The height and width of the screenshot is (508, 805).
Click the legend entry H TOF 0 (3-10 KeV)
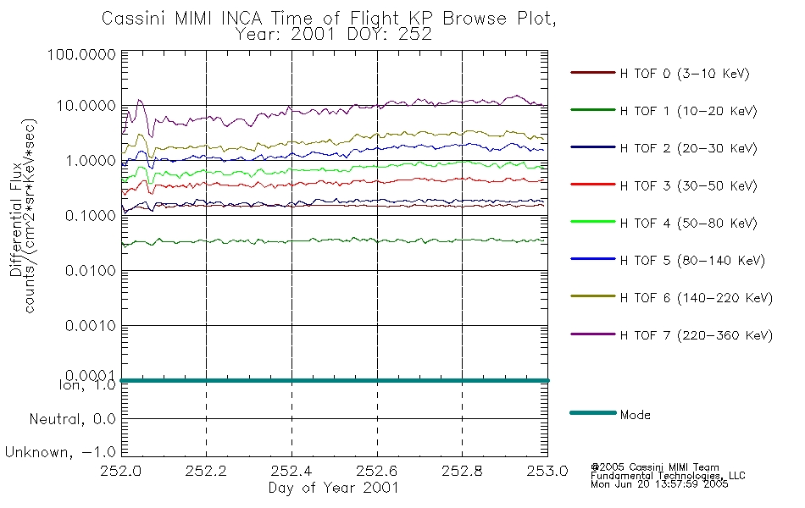click(x=685, y=74)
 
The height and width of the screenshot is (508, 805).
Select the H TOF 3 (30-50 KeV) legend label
click(x=688, y=185)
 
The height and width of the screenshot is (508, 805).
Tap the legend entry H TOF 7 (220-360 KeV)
click(x=697, y=335)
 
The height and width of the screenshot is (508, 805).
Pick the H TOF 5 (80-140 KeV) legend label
click(x=692, y=261)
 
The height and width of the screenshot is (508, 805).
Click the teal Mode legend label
click(x=635, y=415)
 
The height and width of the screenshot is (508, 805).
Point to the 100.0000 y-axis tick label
click(x=81, y=54)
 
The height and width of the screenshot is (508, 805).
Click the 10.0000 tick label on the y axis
click(x=86, y=106)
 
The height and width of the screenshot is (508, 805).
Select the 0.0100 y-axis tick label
click(x=91, y=270)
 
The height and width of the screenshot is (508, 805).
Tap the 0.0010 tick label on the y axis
click(x=91, y=325)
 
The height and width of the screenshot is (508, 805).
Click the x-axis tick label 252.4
click(x=291, y=471)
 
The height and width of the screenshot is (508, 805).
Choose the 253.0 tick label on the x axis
click(x=547, y=471)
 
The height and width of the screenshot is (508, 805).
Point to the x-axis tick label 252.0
click(x=121, y=471)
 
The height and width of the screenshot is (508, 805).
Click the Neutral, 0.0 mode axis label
click(x=72, y=419)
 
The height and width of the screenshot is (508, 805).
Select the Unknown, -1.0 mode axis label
click(x=60, y=452)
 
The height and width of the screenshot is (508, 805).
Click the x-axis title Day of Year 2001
click(x=333, y=488)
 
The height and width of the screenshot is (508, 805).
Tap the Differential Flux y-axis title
click(x=16, y=219)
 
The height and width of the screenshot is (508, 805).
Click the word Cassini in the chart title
click(x=135, y=18)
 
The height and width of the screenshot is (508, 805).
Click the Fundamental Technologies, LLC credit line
click(x=668, y=476)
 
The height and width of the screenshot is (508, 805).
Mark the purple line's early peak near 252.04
click(x=139, y=100)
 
